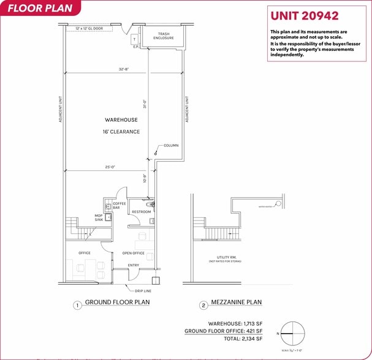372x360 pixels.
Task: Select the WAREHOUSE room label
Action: [120, 120]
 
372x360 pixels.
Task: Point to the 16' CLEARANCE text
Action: [121, 132]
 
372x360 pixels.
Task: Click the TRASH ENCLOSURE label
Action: [164, 36]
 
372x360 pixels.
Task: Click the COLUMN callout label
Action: [170, 146]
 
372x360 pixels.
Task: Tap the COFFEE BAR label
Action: [120, 206]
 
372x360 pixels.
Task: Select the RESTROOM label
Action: [141, 212]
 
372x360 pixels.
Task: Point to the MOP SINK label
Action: [98, 217]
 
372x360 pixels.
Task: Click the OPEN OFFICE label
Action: [133, 253]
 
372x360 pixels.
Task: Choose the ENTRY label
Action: [133, 265]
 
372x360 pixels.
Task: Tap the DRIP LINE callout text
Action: [143, 291]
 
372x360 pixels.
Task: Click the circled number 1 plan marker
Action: [77, 305]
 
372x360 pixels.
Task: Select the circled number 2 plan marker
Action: [203, 305]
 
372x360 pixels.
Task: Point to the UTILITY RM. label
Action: [226, 257]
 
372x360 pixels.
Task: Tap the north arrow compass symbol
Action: [292, 333]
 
